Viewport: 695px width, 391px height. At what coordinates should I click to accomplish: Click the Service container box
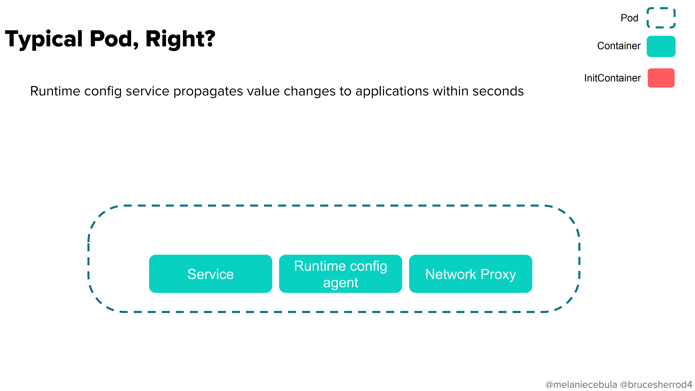click(x=210, y=274)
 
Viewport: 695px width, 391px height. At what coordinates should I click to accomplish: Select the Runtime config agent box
click(x=341, y=274)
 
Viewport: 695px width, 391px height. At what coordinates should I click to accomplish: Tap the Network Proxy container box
click(x=471, y=274)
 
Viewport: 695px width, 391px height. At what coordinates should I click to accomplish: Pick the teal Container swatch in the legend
click(x=661, y=46)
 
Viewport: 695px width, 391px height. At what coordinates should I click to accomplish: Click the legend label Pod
click(x=629, y=18)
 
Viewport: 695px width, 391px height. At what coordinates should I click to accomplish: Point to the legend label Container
click(x=619, y=46)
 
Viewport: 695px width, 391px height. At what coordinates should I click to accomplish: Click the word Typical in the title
click(x=44, y=39)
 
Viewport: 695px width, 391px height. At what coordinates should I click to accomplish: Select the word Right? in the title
click(x=180, y=39)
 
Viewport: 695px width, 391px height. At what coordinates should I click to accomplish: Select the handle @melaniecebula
click(x=581, y=384)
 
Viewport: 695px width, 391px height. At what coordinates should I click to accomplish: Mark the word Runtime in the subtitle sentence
click(x=55, y=91)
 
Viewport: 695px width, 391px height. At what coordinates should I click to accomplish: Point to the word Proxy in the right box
click(x=498, y=275)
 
